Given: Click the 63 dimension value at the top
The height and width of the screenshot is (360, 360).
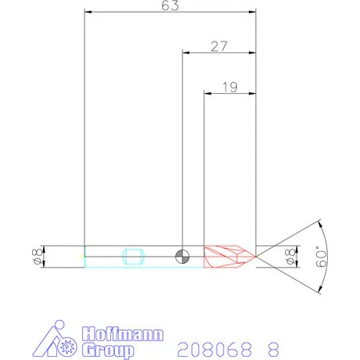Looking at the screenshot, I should [171, 6].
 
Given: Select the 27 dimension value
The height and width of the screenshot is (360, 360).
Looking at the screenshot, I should [219, 46].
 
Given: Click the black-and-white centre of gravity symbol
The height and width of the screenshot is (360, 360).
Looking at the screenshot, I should [182, 256].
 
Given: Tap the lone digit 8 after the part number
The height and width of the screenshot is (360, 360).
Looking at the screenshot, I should [273, 347].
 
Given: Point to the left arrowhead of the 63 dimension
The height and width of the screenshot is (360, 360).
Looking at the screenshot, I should [88, 13].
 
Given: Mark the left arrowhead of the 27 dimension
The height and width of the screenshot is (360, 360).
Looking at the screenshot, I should [186, 52].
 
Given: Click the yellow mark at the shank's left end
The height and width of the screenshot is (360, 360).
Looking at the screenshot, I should [85, 256].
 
